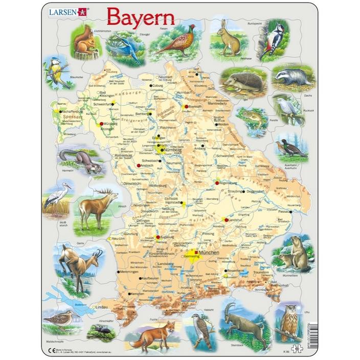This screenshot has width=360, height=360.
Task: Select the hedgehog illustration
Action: click(238, 82)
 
